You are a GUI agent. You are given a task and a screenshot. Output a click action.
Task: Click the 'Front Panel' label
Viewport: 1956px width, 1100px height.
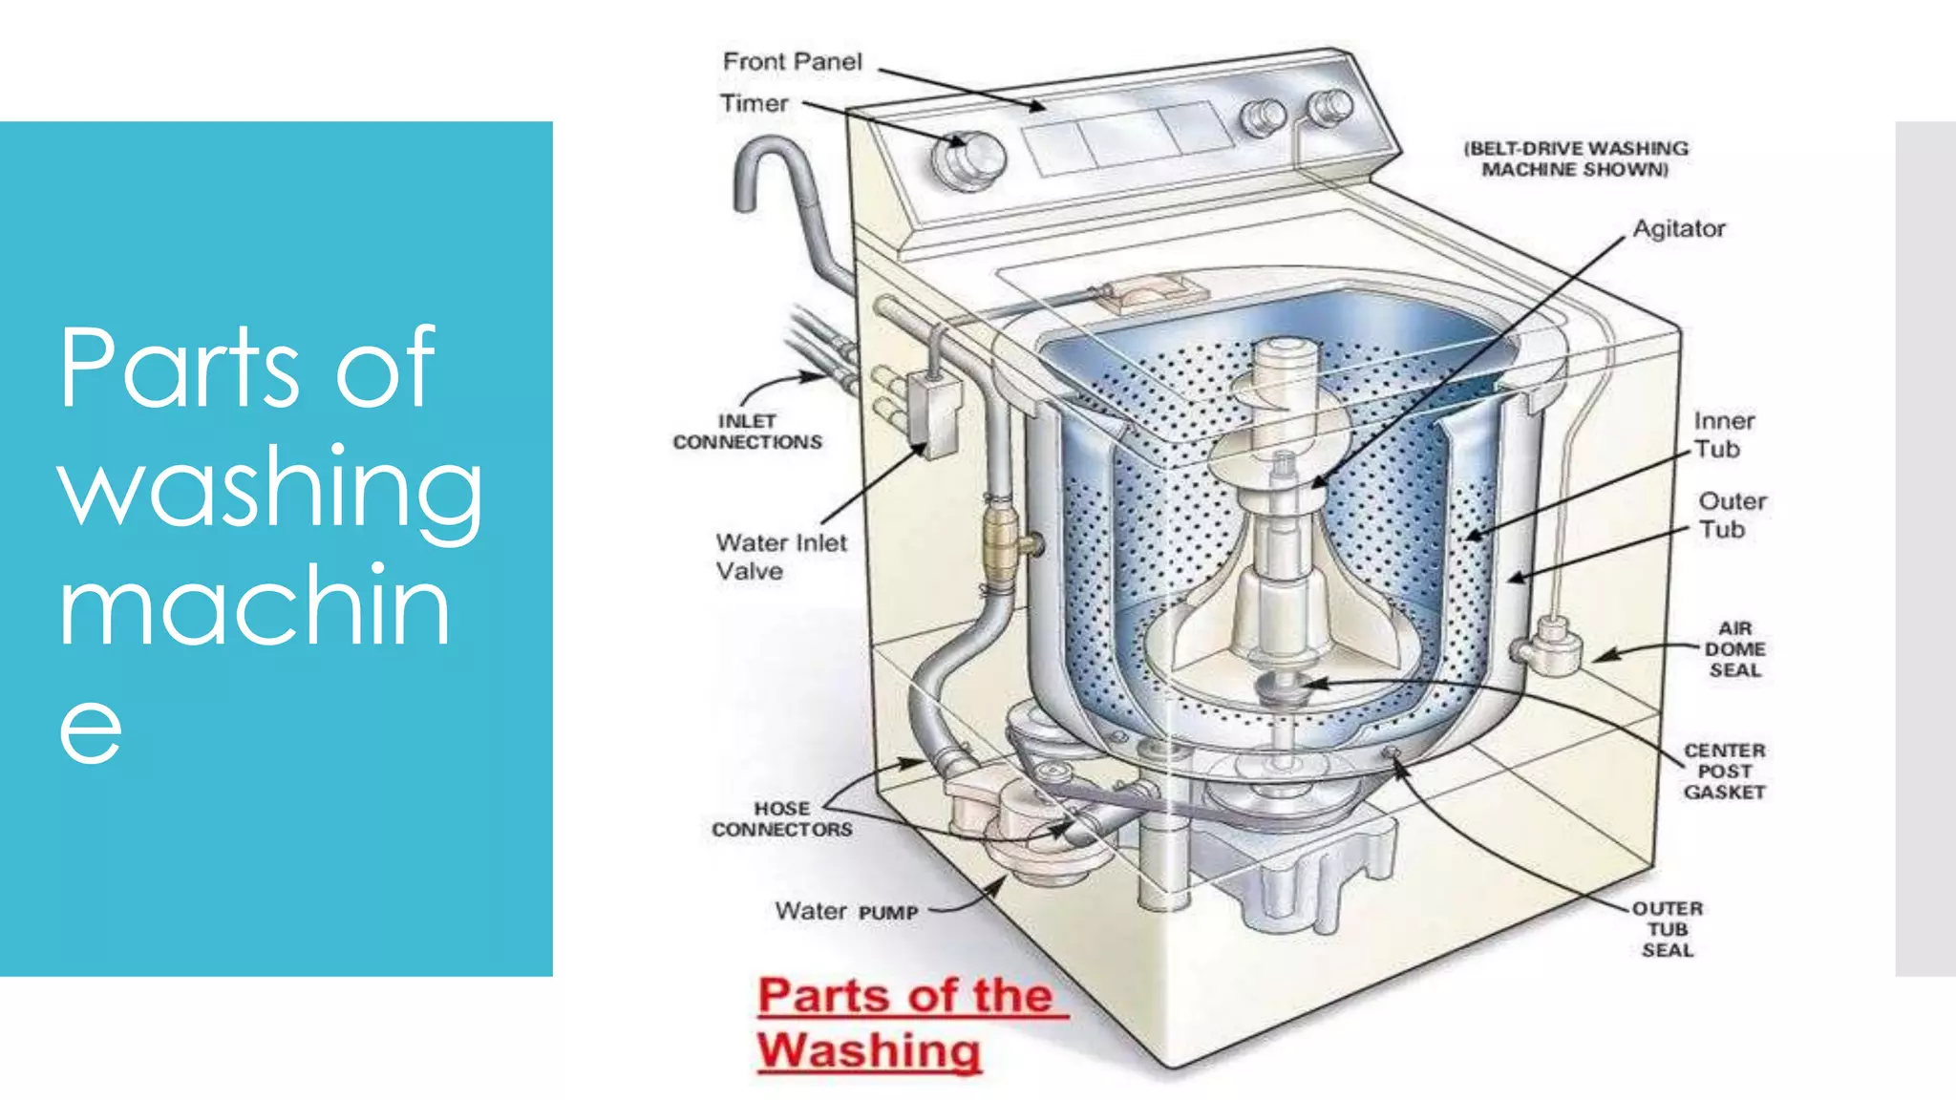[x=792, y=62]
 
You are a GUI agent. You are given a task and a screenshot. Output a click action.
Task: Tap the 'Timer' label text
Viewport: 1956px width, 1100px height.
[x=754, y=103]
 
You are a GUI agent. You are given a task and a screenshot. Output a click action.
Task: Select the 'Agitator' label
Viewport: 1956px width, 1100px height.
[x=1678, y=229]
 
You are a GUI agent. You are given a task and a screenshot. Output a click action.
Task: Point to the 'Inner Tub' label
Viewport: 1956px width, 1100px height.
[x=1723, y=435]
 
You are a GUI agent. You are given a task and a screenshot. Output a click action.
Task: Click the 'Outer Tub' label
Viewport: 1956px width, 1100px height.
[x=1731, y=516]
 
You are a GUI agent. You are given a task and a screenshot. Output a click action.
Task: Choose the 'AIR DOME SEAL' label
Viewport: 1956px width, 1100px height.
[x=1734, y=649]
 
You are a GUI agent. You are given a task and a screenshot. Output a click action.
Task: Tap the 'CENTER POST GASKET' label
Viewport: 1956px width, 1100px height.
[x=1724, y=772]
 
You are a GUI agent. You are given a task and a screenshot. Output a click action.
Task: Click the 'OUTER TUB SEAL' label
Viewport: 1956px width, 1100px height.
[x=1667, y=929]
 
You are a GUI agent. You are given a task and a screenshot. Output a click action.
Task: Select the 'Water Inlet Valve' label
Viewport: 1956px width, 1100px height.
[x=780, y=557]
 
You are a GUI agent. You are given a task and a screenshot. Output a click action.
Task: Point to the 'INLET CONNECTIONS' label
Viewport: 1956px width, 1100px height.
[x=747, y=432]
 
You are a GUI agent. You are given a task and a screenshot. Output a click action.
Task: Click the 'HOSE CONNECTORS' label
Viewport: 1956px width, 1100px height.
[x=781, y=819]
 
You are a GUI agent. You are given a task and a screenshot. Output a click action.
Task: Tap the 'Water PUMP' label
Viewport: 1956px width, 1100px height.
[x=846, y=912]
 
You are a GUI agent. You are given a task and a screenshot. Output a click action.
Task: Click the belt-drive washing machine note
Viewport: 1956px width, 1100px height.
[x=1575, y=159]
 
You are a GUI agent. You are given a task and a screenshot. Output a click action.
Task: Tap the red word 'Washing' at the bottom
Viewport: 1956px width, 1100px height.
[x=869, y=1050]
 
